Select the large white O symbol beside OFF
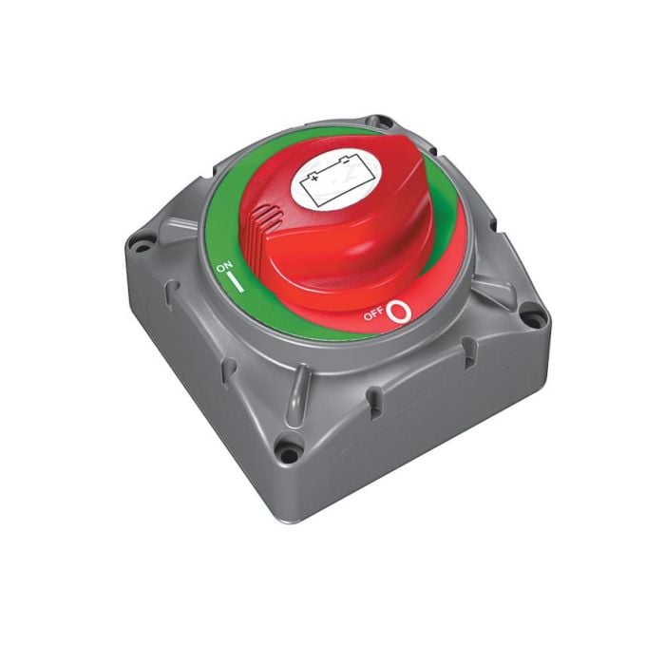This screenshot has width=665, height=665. (400, 313)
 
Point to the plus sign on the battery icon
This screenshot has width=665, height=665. (314, 179)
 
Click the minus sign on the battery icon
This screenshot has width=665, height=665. (346, 161)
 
